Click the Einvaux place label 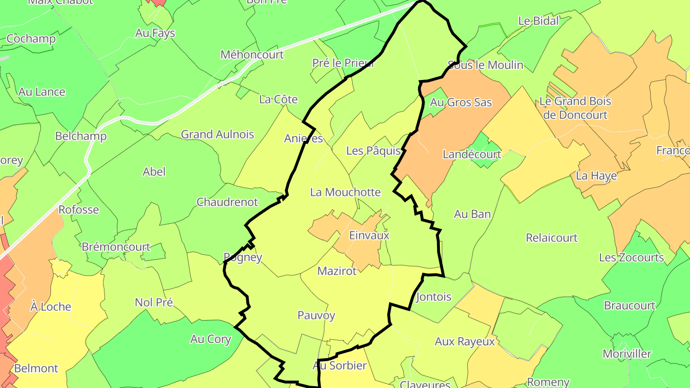[369, 236]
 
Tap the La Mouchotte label [345, 192]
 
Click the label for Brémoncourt [116, 247]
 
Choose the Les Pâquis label [373, 151]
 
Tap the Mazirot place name [337, 271]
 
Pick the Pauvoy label [316, 316]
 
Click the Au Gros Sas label [460, 102]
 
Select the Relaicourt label [552, 238]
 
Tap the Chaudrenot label [227, 202]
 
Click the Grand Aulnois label [218, 135]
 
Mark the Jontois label [434, 297]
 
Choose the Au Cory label [210, 339]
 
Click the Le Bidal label [539, 21]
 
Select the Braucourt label [630, 306]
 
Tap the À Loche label [51, 307]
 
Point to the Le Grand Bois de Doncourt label [575, 108]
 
